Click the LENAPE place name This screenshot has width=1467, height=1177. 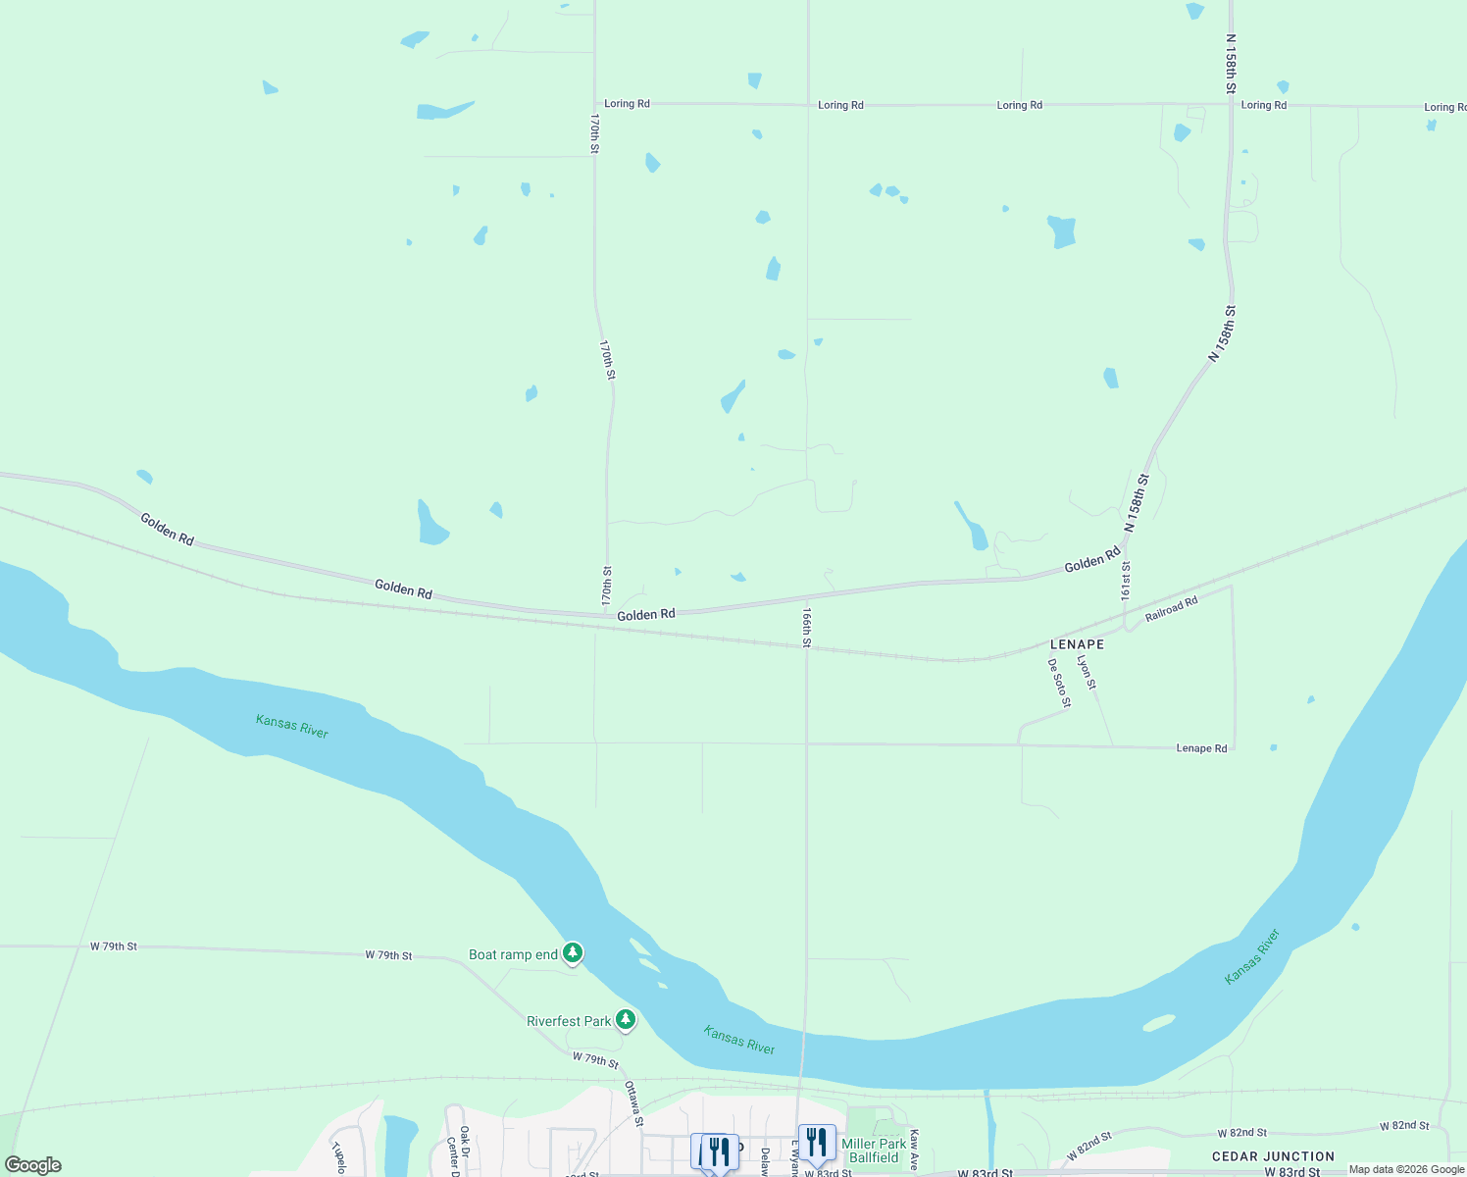coord(1077,644)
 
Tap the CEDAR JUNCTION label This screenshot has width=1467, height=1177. coord(1273,1156)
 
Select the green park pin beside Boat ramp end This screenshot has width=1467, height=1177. coord(573,952)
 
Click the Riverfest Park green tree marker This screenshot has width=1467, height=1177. coord(625,1020)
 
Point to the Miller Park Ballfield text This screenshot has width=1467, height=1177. coord(874,1151)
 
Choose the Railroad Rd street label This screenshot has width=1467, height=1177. coord(1171,610)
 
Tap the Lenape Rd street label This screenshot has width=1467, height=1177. coord(1201,748)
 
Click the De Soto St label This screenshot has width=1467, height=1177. coord(1059,683)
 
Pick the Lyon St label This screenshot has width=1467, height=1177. coord(1086,672)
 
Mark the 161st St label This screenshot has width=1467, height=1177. coord(1126,581)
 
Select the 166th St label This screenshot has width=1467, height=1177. coord(806,628)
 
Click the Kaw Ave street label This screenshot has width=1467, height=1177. coord(914,1150)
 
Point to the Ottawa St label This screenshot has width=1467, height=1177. coord(634,1103)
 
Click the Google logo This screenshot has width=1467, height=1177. coord(32,1165)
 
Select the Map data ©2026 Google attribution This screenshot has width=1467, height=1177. coord(1406,1169)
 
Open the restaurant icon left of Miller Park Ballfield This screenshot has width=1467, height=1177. coord(816,1142)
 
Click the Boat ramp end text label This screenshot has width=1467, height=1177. coord(513,954)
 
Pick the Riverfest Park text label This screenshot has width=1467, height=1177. coord(569,1021)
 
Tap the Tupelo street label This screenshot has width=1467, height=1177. coord(339,1157)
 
